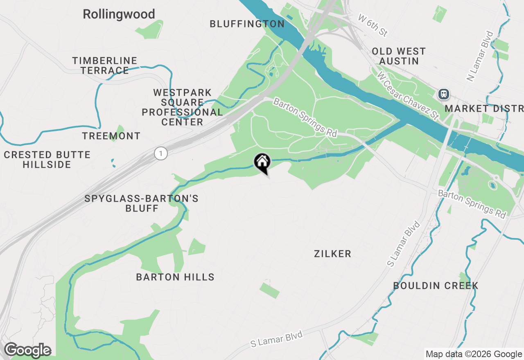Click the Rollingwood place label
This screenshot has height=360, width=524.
pyautogui.click(x=119, y=14)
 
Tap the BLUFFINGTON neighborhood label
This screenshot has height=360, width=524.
pyautogui.click(x=247, y=24)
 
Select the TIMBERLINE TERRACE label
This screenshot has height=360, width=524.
pyautogui.click(x=104, y=65)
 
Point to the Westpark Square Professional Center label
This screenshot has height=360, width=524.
pyautogui.click(x=182, y=107)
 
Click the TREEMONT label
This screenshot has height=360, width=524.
pyautogui.click(x=111, y=136)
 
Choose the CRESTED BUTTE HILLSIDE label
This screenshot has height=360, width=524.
pyautogui.click(x=47, y=160)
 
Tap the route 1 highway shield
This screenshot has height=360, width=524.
pyautogui.click(x=161, y=154)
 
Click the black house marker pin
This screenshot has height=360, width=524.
pyautogui.click(x=262, y=162)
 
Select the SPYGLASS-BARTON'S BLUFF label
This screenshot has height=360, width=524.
pyautogui.click(x=141, y=203)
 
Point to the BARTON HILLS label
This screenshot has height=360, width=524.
pyautogui.click(x=175, y=277)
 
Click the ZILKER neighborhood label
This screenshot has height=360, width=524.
pyautogui.click(x=332, y=254)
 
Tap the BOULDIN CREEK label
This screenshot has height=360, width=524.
pyautogui.click(x=436, y=286)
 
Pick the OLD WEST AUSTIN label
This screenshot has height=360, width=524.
pyautogui.click(x=399, y=56)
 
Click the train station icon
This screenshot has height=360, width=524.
pyautogui.click(x=444, y=94)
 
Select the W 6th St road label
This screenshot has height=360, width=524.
pyautogui.click(x=373, y=25)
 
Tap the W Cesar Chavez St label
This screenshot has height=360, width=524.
pyautogui.click(x=408, y=95)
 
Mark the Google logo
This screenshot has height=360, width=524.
pyautogui.click(x=27, y=350)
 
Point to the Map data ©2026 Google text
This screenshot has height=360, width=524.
pyautogui.click(x=474, y=354)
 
